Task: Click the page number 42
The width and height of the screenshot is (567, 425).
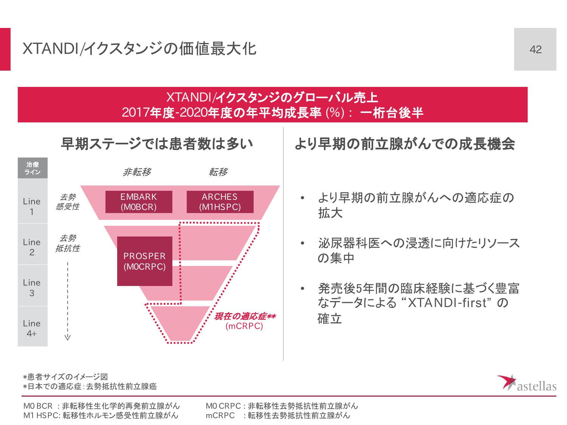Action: [535, 49]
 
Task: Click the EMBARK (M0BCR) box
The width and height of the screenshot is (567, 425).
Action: [139, 202]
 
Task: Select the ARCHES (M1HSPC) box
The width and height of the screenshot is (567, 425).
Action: [220, 202]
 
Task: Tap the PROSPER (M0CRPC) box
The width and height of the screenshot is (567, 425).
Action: [145, 261]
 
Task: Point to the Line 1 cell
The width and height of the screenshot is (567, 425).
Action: [33, 206]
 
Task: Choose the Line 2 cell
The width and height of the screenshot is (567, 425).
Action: [33, 247]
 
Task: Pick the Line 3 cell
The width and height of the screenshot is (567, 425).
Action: [33, 287]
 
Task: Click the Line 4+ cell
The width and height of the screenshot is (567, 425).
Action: [33, 328]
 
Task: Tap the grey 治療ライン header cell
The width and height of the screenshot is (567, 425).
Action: [33, 168]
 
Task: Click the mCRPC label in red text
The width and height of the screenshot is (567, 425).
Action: [244, 326]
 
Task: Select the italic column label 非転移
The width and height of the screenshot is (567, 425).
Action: [137, 172]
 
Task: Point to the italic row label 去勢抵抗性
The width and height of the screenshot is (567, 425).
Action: [68, 243]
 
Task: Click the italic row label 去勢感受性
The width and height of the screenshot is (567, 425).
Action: [68, 202]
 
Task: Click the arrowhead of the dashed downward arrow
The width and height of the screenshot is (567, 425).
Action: [67, 337]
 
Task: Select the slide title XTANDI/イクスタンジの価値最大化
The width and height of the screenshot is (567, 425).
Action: [139, 49]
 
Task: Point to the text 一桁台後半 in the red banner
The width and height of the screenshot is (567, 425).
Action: [392, 113]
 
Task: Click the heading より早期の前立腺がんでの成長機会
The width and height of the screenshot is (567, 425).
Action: [404, 144]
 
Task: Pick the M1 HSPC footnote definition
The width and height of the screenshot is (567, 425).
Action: [101, 416]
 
